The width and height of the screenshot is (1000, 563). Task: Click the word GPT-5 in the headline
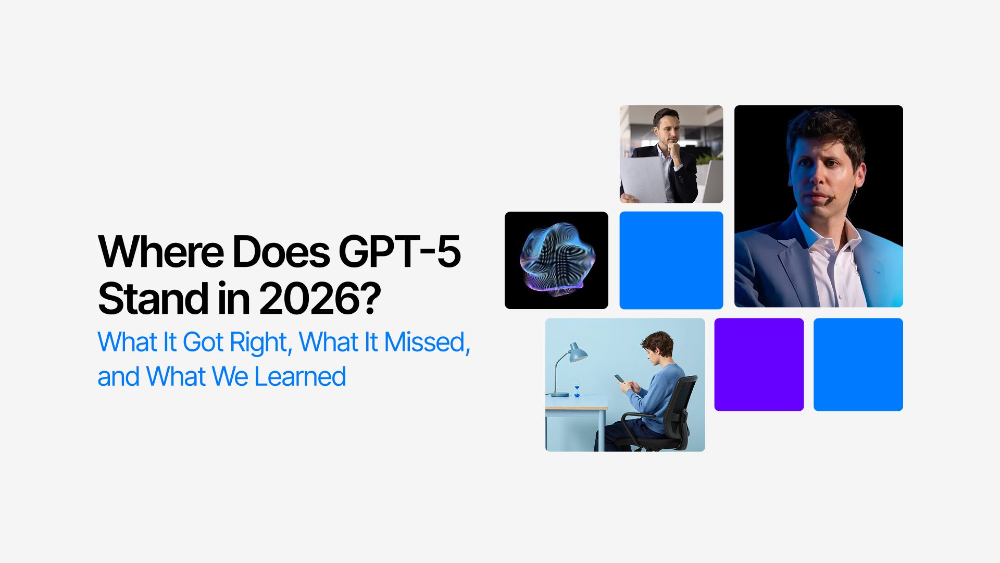coord(400,252)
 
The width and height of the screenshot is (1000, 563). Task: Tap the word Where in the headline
coord(161,252)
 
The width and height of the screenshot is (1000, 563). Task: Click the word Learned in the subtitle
coord(300,376)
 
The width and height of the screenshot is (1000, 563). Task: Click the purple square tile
coord(759,364)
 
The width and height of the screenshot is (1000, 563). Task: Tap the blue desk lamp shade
coord(577,353)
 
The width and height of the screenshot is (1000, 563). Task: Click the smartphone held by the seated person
coord(619,378)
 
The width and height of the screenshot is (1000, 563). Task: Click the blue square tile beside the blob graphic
coord(671,260)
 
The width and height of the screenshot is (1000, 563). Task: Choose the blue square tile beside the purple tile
coord(858,364)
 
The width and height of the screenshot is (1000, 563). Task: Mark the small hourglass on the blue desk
coord(577,390)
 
